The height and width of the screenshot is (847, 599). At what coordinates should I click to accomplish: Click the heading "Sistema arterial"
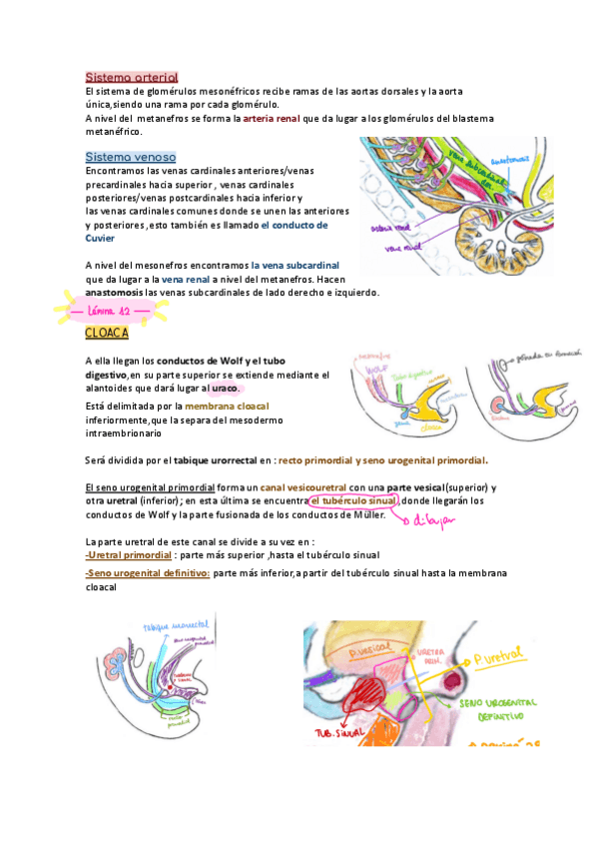[131, 77]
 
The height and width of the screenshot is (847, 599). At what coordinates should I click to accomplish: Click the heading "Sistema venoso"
[130, 157]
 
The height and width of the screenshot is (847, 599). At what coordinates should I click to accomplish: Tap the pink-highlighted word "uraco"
[226, 388]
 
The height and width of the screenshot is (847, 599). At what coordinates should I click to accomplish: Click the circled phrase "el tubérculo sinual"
[350, 500]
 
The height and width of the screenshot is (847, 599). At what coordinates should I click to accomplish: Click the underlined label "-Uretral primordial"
[129, 555]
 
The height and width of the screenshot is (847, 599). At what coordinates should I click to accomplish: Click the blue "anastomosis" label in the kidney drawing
[515, 161]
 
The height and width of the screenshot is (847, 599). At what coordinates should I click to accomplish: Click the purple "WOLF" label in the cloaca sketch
[377, 369]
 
